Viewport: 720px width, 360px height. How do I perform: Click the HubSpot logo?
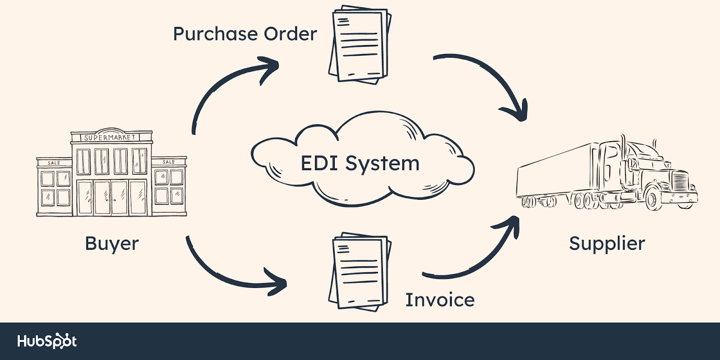(47, 342)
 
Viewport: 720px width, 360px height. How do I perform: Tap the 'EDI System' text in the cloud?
(360, 163)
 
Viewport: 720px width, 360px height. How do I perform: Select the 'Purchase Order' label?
(245, 34)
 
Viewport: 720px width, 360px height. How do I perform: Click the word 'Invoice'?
(440, 300)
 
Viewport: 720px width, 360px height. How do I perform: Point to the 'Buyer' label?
(112, 243)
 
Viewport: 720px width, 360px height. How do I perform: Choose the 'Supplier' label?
(607, 243)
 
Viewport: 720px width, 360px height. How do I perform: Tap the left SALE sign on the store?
(54, 162)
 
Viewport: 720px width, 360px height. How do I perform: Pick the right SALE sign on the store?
(169, 162)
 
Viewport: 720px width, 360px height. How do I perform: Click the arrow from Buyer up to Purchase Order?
(225, 85)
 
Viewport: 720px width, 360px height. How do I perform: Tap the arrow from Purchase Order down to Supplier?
(490, 81)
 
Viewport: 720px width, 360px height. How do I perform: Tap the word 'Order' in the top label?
(290, 34)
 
